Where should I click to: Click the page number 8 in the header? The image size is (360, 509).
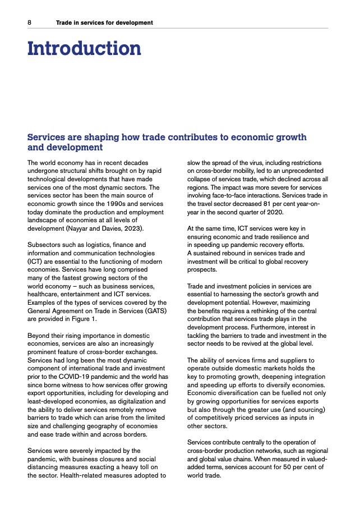coord(29,22)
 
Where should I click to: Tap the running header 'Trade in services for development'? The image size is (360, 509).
coord(104,22)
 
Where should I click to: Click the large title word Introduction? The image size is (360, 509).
coord(84,48)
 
